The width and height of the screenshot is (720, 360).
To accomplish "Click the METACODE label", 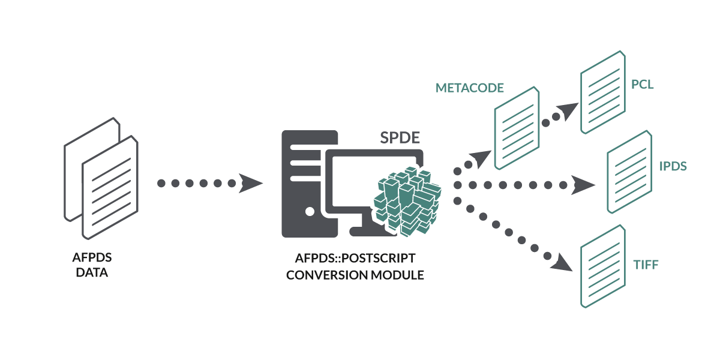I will pos(469,88).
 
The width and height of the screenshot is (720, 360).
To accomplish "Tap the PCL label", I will pos(642,85).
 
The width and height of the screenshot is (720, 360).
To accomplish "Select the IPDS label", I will pos(673,166).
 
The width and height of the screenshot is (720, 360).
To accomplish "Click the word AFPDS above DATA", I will pos(92,259).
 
